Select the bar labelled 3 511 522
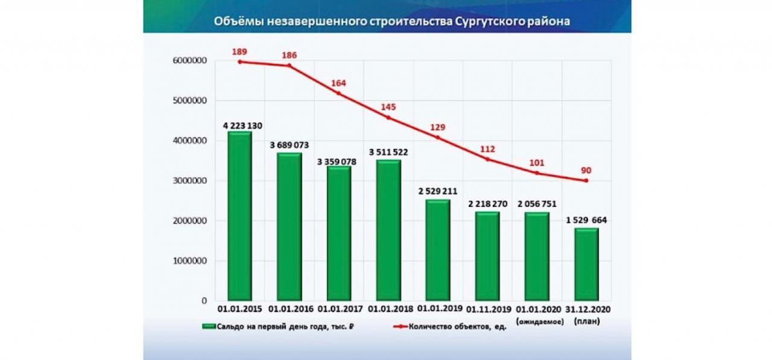click(x=388, y=230)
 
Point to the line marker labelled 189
click(x=239, y=62)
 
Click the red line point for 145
click(x=388, y=117)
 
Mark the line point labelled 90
click(x=586, y=180)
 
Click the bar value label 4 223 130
click(x=239, y=125)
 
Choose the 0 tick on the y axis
click(x=205, y=300)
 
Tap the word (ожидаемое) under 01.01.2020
click(x=537, y=321)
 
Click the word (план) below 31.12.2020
click(x=586, y=321)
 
